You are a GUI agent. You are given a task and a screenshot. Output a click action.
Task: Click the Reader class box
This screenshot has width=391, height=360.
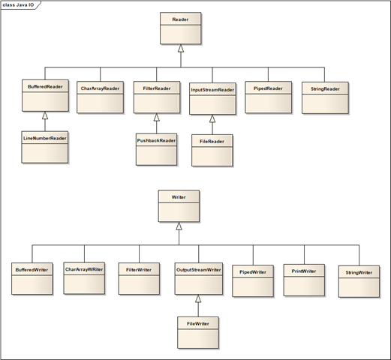(181, 28)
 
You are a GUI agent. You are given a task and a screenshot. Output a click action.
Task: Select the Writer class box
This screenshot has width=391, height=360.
(179, 206)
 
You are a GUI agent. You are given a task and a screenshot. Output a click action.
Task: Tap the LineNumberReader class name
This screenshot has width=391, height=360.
(45, 138)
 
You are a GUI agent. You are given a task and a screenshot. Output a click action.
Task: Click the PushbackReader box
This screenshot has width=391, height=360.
(156, 149)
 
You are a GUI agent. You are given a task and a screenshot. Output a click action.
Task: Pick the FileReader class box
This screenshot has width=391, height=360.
(212, 151)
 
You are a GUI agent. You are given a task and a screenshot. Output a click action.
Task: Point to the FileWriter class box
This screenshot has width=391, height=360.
(198, 333)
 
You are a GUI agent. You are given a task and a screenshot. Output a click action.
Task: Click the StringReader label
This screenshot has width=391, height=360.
(325, 89)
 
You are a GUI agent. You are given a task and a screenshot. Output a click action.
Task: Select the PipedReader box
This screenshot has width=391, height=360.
(269, 97)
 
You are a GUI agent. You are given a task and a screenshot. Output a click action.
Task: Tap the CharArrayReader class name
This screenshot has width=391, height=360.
(100, 88)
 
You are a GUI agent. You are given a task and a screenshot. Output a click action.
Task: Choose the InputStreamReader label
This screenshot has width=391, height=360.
(212, 90)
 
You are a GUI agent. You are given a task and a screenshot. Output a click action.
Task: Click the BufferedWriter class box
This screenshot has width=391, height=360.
(32, 279)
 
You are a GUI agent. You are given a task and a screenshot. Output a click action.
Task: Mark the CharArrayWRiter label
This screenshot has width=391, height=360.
(84, 269)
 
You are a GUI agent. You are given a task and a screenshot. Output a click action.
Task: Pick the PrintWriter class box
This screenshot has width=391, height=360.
(304, 280)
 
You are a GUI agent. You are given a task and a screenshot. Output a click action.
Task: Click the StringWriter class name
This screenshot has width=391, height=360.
(359, 272)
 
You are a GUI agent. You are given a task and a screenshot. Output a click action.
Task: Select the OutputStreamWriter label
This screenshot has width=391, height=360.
(199, 270)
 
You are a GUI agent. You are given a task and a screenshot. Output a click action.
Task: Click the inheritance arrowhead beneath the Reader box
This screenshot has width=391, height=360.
(181, 49)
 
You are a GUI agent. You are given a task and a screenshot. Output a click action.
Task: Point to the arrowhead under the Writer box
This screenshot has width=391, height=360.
(179, 226)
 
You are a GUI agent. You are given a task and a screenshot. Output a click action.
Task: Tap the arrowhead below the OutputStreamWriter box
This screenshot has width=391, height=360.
(198, 298)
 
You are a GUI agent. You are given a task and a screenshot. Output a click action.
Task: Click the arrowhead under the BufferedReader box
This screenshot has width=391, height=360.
(45, 115)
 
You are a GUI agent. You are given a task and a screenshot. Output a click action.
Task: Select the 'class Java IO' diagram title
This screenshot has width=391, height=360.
(18, 5)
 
